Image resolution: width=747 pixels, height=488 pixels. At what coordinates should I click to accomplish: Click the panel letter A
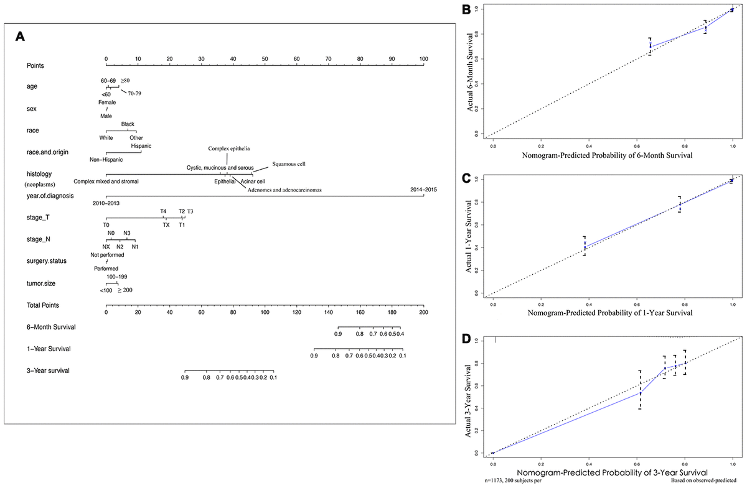click(20, 37)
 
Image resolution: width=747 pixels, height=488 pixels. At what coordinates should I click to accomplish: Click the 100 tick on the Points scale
click(423, 59)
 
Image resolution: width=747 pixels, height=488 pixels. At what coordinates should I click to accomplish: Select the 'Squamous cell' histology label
click(289, 164)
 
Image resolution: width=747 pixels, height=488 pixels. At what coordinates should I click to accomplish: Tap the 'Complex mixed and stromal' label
click(106, 181)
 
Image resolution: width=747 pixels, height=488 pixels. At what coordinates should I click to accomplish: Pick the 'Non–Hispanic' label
click(106, 160)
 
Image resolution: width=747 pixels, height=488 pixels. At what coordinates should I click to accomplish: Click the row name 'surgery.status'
click(49, 261)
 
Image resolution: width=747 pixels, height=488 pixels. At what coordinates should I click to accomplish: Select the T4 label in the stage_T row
click(163, 211)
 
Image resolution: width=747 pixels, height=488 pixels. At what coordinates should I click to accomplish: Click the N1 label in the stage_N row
click(135, 247)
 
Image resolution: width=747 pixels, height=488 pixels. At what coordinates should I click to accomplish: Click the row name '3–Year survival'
click(48, 371)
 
